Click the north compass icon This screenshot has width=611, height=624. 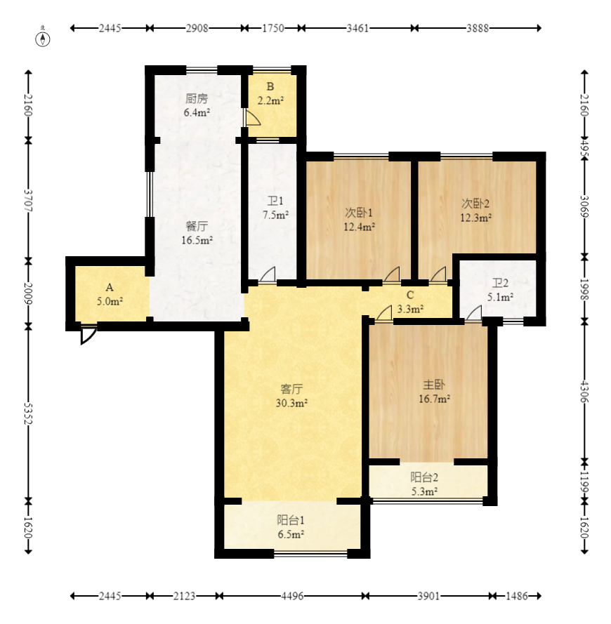point(43,39)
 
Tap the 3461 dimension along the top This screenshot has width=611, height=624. point(357,28)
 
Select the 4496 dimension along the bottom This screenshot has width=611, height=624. point(292,596)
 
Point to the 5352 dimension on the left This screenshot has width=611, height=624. point(28,413)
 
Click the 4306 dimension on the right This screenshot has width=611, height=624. point(584,392)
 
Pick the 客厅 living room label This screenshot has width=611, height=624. point(291,389)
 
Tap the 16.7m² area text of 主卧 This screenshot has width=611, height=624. point(434,399)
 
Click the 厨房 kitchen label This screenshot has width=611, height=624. point(197,98)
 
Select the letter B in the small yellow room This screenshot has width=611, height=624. point(270,87)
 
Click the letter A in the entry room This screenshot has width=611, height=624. point(110,287)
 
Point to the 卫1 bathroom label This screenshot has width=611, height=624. point(275,201)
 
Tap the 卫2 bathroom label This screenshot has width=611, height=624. point(500,284)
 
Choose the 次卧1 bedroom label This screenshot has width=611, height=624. point(358,213)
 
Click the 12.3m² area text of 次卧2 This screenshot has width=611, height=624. point(475,218)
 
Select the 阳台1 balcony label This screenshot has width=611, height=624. point(291,520)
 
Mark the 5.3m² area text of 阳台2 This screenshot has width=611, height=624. point(425,491)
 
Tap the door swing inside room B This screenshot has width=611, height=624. point(251,118)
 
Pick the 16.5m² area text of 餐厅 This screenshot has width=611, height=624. point(197,240)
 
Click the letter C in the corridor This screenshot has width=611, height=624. point(410,296)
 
